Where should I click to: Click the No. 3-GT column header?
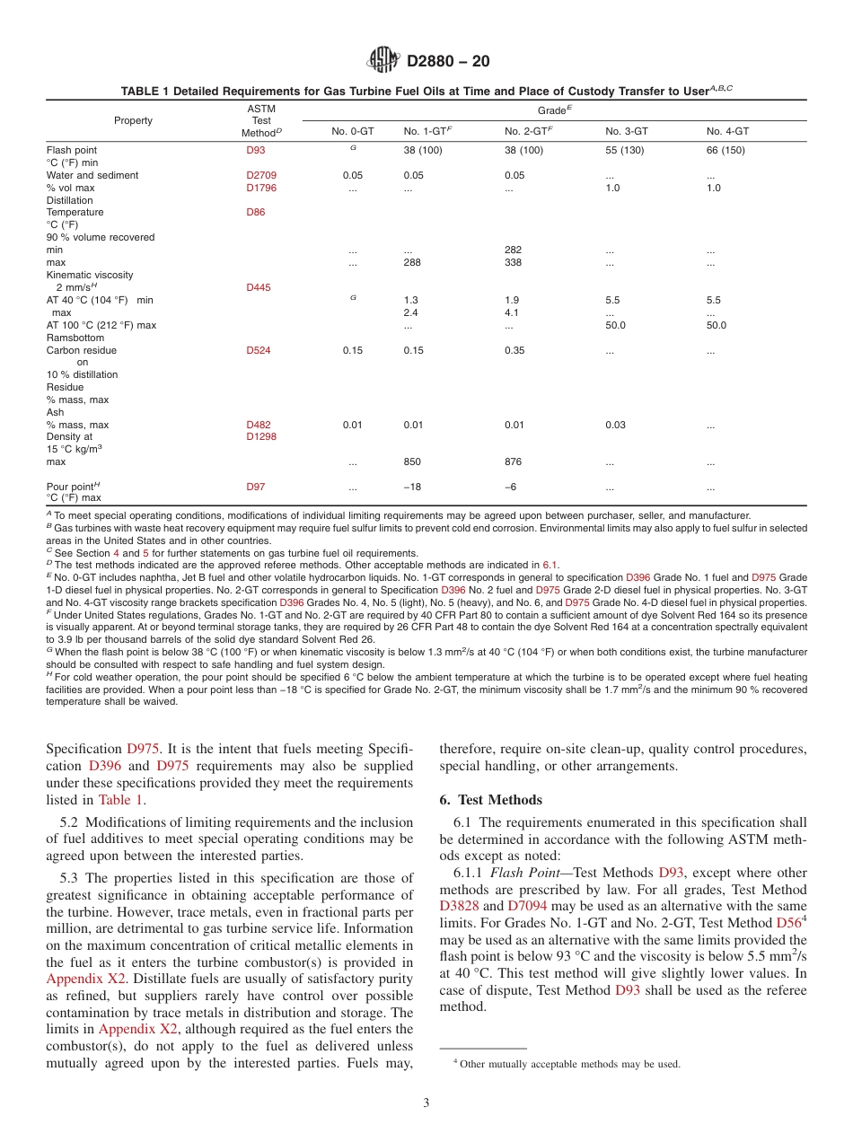click(627, 131)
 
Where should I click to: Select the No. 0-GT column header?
click(353, 131)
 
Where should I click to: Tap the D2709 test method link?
click(261, 176)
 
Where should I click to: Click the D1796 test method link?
click(261, 189)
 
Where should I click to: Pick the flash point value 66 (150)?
click(725, 151)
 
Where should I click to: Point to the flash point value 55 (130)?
click(624, 151)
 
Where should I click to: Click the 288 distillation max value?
click(412, 263)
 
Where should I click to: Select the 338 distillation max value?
click(513, 263)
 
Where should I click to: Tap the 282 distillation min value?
click(513, 250)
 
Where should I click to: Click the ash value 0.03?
click(614, 426)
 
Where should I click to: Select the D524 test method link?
click(259, 351)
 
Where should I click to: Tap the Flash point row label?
click(72, 151)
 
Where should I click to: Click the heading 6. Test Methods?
click(490, 800)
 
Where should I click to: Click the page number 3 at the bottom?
click(426, 1103)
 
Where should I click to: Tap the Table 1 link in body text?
click(120, 800)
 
